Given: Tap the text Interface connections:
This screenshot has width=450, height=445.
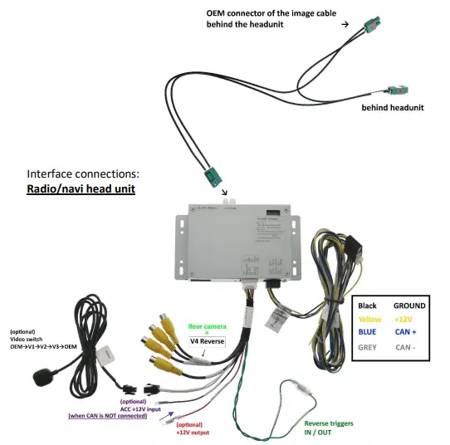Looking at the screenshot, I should [83, 174].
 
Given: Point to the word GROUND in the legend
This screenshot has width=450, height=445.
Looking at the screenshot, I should [408, 306].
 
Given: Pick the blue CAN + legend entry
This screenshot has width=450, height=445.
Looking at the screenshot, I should [406, 333].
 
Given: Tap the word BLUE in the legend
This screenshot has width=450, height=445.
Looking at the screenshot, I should [367, 333].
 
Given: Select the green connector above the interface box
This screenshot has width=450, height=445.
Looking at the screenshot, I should [209, 175].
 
